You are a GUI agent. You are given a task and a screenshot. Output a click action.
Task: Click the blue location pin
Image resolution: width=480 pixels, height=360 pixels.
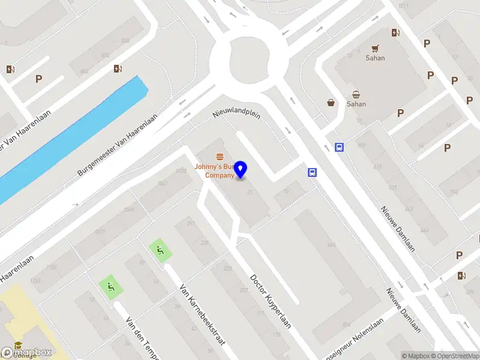241,169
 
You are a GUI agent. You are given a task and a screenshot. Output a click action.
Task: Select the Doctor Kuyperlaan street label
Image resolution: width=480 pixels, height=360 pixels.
270,301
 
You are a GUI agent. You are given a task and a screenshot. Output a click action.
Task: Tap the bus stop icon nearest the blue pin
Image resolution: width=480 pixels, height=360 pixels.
312,173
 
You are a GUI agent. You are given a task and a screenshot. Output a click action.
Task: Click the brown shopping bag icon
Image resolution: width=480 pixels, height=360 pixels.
331,103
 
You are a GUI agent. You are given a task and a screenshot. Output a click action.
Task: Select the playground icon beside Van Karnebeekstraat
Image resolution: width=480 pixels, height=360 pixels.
160,251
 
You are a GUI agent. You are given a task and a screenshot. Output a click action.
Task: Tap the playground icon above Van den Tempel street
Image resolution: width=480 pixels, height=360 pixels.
110,286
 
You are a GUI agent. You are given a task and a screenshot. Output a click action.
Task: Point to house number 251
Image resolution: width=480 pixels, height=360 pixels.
191,224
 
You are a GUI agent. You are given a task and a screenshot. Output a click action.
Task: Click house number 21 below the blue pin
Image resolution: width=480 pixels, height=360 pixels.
249,192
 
